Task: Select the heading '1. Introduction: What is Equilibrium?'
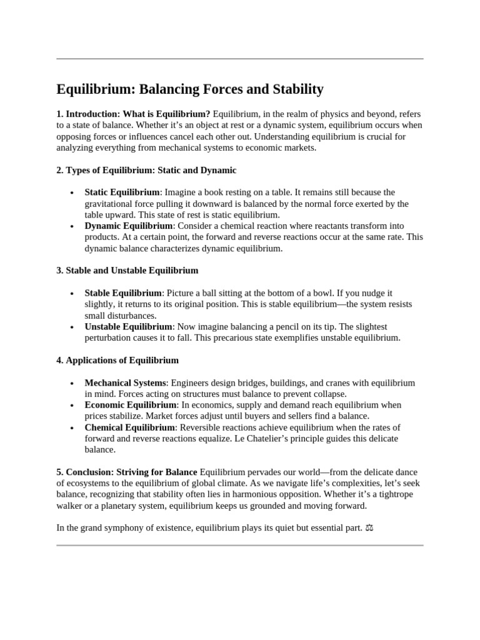coord(133,114)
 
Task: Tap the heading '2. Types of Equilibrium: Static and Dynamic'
coord(146,170)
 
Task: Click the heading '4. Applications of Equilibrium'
coord(117,360)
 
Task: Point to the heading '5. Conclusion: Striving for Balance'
coord(127,472)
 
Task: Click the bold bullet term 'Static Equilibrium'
coord(122,192)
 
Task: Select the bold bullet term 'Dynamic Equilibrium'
coord(128,226)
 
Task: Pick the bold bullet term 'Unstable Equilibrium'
coord(128,326)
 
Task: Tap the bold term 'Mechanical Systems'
coord(125,382)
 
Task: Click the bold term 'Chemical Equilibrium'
coord(129,427)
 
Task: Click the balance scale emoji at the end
coord(369,529)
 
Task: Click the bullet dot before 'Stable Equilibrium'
coord(73,293)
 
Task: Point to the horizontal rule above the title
coord(240,59)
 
